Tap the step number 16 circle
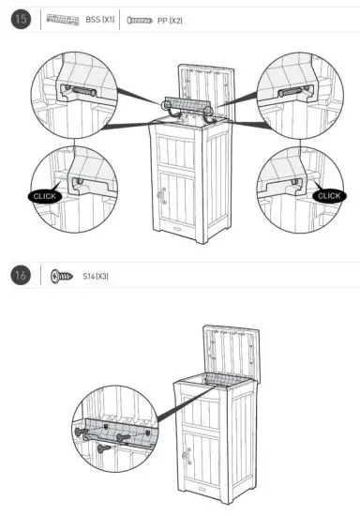[20, 275]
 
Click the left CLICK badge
[45, 196]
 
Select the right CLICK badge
[327, 195]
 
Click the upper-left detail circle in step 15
[72, 94]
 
